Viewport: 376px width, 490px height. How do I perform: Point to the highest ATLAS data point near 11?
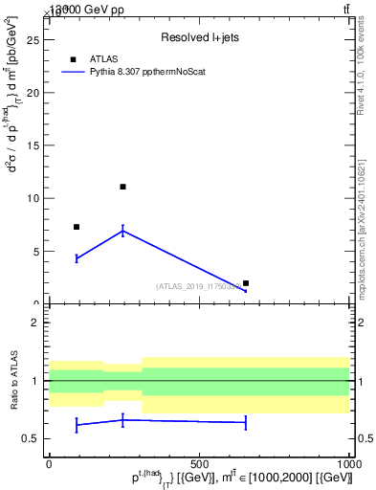pyautogui.click(x=122, y=187)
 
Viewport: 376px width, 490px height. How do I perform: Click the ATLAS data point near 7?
pyautogui.click(x=77, y=227)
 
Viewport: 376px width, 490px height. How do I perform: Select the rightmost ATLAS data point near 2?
pyautogui.click(x=246, y=283)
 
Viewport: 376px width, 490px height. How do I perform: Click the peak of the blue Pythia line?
pyautogui.click(x=122, y=230)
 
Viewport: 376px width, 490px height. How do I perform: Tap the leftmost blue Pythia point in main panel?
pyautogui.click(x=77, y=258)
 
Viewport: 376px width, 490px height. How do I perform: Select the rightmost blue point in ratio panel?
pyautogui.click(x=246, y=422)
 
